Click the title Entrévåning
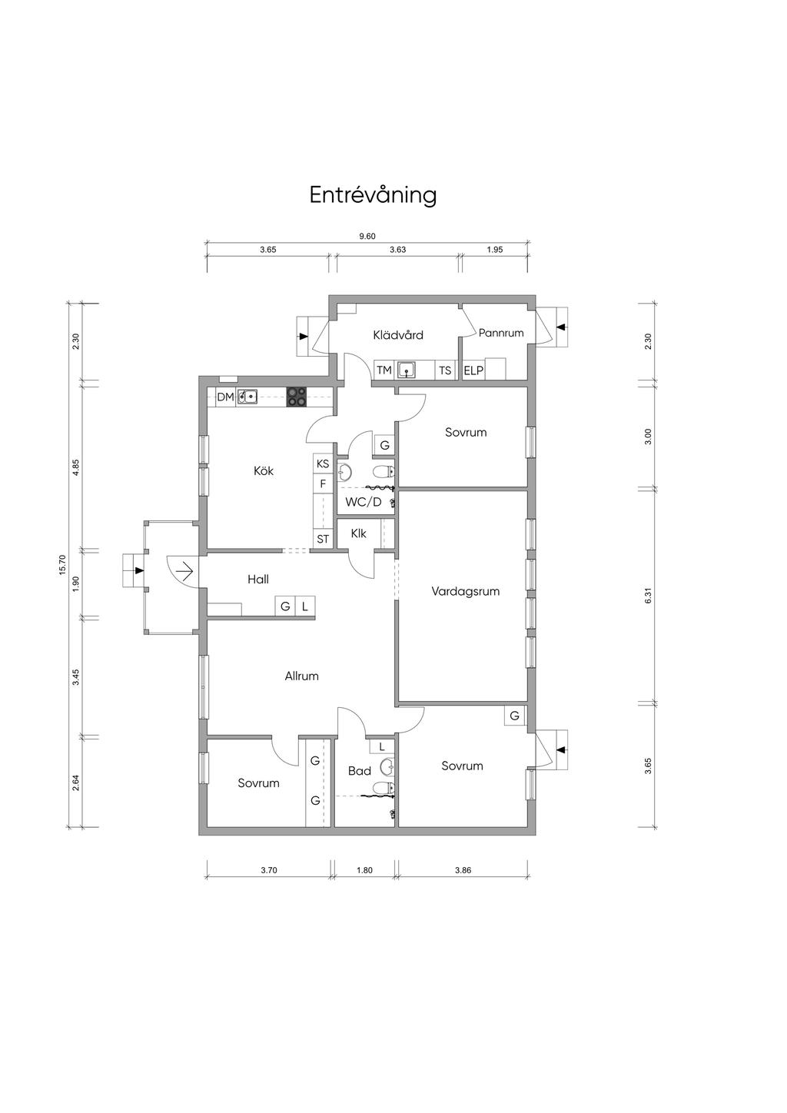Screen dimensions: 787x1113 tap(373, 195)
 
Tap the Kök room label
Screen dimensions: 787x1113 tap(264, 470)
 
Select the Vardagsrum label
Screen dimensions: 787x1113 tap(465, 591)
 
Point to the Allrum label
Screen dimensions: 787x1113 tap(301, 676)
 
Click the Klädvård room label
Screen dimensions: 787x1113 tap(398, 335)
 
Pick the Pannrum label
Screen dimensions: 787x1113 tap(501, 333)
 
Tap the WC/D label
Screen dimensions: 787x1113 tap(364, 502)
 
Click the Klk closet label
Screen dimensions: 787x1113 tap(358, 533)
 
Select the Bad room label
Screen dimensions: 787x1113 tap(359, 771)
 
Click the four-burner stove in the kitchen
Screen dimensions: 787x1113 tap(297, 397)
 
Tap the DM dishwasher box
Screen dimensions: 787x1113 tap(225, 397)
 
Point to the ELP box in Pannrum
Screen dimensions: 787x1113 tap(473, 370)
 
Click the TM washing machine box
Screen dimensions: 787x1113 tap(384, 370)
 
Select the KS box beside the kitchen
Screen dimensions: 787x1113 tap(323, 463)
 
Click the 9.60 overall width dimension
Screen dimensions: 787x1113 tap(367, 237)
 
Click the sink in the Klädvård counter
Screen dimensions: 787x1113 tap(407, 370)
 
